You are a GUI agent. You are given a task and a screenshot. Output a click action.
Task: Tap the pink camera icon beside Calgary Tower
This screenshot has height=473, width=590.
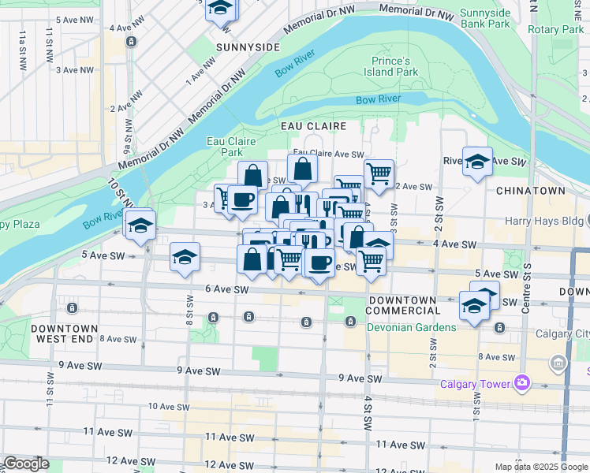(521, 383)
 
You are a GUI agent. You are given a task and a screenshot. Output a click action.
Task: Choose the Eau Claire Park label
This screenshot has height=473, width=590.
(230, 146)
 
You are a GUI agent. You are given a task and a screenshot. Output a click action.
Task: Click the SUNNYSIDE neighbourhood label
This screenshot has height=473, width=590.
(248, 47)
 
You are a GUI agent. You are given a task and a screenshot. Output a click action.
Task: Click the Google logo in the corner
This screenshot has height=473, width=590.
(25, 464)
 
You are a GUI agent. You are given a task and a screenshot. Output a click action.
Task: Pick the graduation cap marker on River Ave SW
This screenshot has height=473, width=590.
(477, 162)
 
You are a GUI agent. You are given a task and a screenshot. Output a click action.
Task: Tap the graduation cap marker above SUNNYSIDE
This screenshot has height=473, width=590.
(221, 9)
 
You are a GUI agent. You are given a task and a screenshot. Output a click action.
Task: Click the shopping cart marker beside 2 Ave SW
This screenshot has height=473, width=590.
(379, 173)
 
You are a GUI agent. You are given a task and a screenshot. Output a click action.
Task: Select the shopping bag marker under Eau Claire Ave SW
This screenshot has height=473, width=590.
(302, 168)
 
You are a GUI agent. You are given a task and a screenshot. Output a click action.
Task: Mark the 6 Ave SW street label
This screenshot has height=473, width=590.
(226, 290)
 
